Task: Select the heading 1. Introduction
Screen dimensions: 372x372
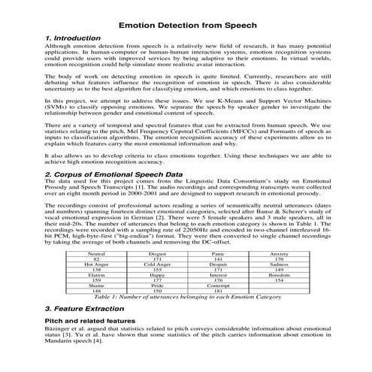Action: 73,38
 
